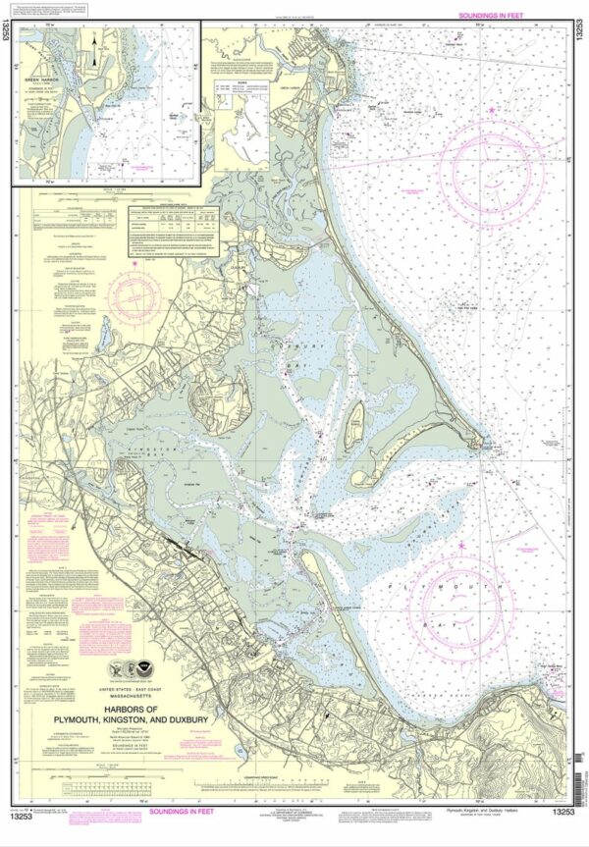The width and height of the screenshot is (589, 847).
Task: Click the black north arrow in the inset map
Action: pos(94,58)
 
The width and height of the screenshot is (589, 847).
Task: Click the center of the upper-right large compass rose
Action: pos(491,163)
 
